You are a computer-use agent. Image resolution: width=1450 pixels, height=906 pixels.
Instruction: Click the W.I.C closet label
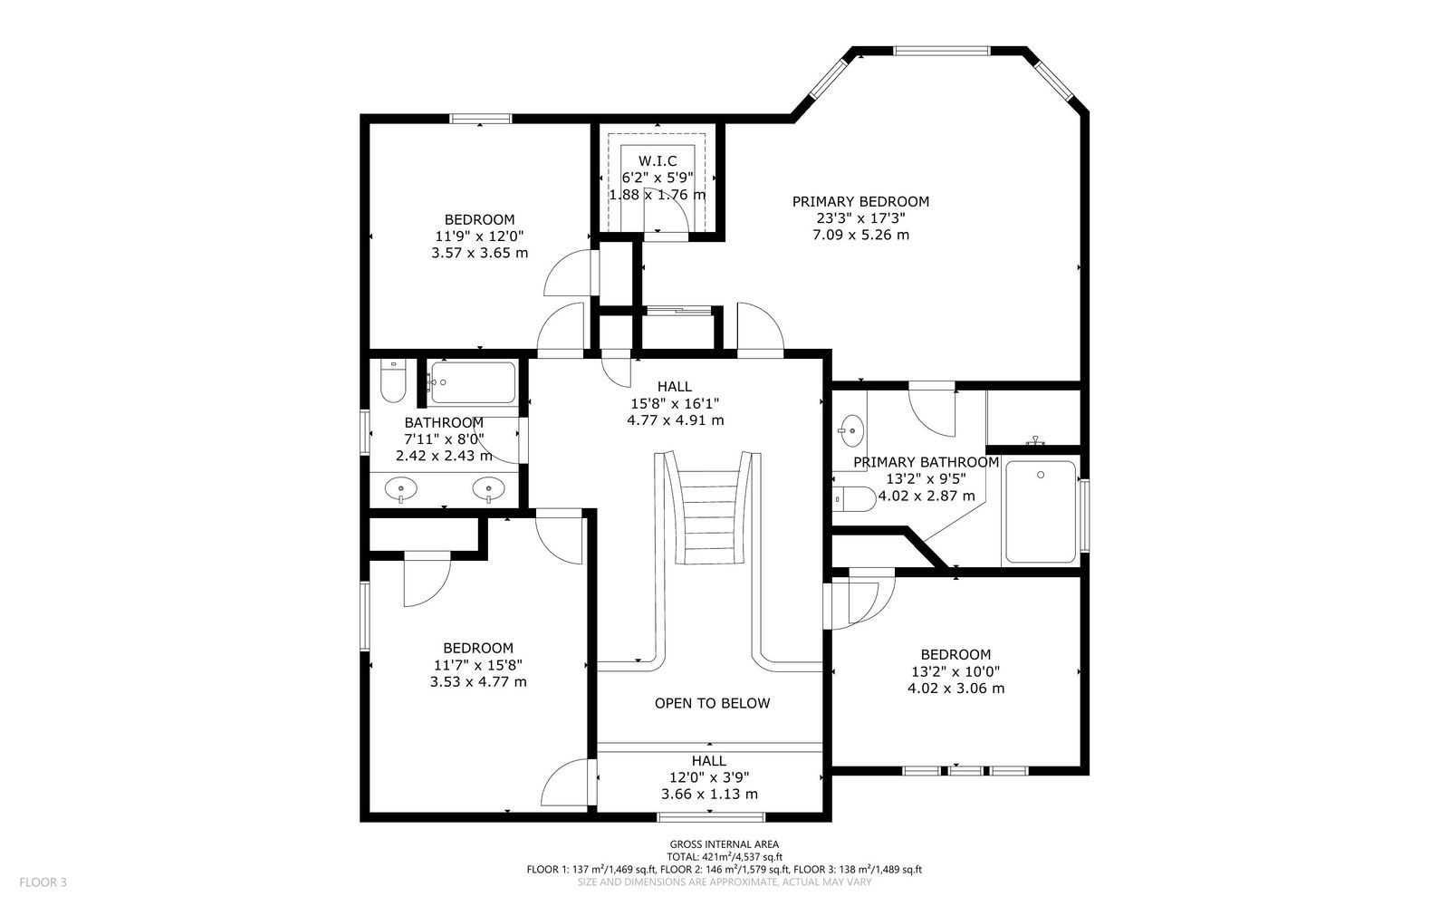(658, 160)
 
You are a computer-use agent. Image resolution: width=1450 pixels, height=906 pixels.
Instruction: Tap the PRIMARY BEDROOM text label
(860, 201)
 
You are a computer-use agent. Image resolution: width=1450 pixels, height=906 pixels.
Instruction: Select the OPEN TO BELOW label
(712, 703)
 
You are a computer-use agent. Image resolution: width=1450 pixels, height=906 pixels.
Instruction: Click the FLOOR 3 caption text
(43, 882)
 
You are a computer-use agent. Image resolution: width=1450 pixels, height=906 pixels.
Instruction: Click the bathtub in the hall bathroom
(473, 382)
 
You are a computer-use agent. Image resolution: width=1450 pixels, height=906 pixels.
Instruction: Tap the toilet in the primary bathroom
(854, 499)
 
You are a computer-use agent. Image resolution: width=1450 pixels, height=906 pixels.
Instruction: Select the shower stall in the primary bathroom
(1041, 512)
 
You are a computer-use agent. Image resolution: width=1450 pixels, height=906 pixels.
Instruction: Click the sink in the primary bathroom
(851, 430)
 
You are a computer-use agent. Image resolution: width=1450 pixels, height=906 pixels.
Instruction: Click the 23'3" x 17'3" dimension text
(860, 218)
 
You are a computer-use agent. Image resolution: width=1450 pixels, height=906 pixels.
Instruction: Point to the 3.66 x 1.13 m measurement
(709, 794)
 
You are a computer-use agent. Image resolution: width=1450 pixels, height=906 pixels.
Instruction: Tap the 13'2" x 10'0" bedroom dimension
(955, 671)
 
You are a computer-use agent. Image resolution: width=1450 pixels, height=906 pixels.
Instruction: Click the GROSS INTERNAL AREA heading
(725, 844)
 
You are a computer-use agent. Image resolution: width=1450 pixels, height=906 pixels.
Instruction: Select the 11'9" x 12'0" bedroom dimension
(479, 236)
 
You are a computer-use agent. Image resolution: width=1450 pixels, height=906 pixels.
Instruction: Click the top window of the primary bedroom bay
(942, 51)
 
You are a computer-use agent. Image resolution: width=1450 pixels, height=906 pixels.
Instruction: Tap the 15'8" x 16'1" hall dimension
(675, 403)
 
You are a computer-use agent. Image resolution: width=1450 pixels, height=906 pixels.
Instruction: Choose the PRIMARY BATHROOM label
(926, 462)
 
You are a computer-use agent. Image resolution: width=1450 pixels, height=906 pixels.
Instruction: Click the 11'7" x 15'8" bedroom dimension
(478, 665)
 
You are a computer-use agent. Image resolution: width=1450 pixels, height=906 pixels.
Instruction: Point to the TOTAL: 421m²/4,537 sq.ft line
(725, 857)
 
